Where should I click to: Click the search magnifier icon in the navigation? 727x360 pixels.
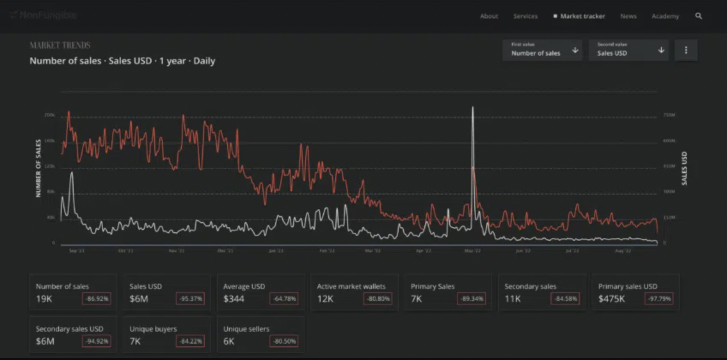tap(698, 16)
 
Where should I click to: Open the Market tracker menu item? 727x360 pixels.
tap(582, 16)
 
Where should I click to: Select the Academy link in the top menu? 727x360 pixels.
tap(665, 16)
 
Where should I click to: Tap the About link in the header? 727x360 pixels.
tap(489, 16)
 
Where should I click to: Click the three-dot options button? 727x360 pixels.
tap(686, 50)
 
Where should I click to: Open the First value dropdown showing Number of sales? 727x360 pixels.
tap(542, 50)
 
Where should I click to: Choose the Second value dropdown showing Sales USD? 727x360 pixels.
tap(628, 50)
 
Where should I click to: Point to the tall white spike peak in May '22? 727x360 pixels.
tap(473, 108)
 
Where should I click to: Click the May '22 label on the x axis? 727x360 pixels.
tap(472, 251)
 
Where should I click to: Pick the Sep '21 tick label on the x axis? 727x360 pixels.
tap(77, 251)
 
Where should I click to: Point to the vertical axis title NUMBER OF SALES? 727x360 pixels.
tap(38, 168)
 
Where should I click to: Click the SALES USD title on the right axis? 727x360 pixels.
tap(684, 168)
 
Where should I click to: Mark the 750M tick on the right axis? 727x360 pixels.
tap(669, 115)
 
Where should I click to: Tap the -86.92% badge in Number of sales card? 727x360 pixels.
tap(97, 299)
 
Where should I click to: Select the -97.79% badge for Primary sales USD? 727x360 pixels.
tap(659, 299)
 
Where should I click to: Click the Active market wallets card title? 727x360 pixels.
tap(351, 286)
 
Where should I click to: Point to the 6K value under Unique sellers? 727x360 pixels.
tap(228, 341)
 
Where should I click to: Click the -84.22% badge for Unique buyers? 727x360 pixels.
tap(191, 341)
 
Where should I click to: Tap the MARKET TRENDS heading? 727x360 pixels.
tap(60, 45)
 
